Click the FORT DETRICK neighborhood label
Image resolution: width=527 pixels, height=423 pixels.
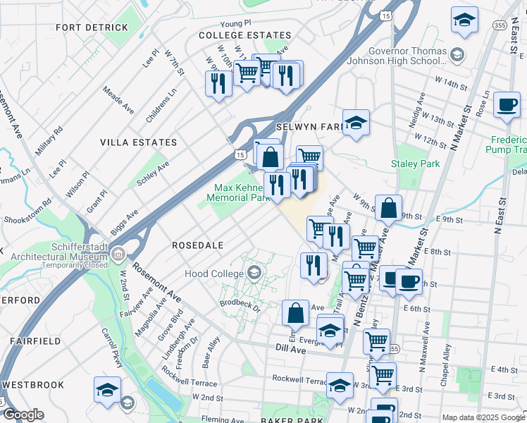pyautogui.click(x=94, y=27)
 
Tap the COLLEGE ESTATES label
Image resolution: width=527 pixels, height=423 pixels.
pyautogui.click(x=244, y=35)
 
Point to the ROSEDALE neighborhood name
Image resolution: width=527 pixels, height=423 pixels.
pyautogui.click(x=198, y=245)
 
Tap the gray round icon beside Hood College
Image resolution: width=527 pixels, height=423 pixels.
pyautogui.click(x=252, y=273)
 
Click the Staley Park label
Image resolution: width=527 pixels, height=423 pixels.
pyautogui.click(x=415, y=164)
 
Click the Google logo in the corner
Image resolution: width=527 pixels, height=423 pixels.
pyautogui.click(x=23, y=415)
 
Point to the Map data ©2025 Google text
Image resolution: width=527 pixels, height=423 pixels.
pyautogui.click(x=483, y=417)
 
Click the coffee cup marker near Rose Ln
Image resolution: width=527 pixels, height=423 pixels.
pyautogui.click(x=507, y=106)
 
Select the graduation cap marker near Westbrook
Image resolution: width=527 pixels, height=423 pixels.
pyautogui.click(x=107, y=390)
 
